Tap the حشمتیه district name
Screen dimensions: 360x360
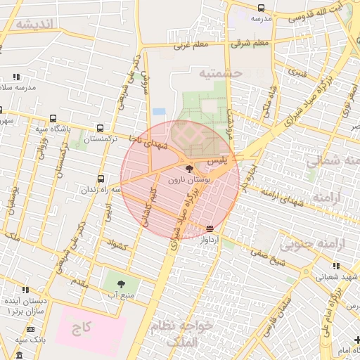219,73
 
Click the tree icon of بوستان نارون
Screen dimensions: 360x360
189,169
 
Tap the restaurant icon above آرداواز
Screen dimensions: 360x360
210,229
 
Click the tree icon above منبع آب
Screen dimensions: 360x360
121,283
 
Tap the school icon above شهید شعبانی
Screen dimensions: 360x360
336,266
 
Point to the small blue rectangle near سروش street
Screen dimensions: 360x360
160,111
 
